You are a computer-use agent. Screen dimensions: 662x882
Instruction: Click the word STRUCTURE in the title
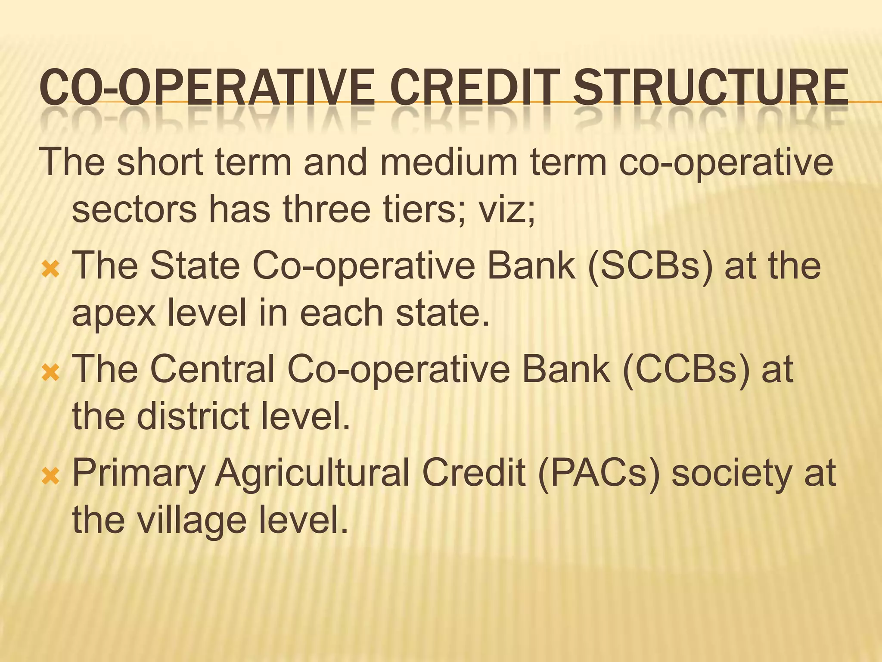tap(711, 88)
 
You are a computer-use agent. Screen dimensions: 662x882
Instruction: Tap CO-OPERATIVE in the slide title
tap(207, 88)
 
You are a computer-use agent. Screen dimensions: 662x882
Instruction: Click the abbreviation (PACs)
tap(599, 473)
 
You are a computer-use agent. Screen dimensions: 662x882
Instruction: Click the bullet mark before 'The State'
tap(50, 270)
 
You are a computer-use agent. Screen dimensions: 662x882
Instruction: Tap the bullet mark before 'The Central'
tap(50, 374)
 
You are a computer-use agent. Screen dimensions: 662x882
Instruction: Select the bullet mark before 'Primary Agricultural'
tap(50, 477)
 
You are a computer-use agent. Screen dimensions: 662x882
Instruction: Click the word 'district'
tap(194, 417)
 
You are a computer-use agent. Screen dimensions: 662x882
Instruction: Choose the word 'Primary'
tap(138, 474)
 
